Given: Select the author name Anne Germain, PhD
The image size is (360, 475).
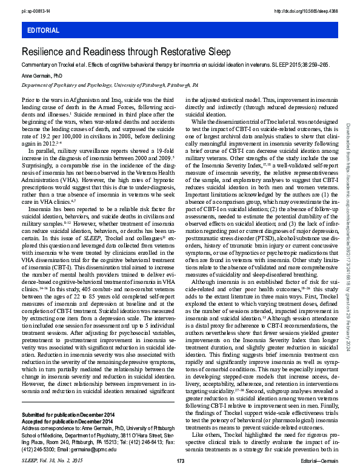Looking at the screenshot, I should click(42, 76).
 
